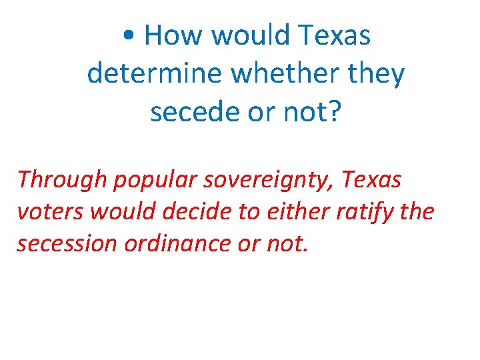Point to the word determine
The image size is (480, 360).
pos(153,73)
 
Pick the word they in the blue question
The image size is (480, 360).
pos(377,75)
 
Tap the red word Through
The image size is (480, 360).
pos(55,180)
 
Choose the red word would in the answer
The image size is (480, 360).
pos(117,211)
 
